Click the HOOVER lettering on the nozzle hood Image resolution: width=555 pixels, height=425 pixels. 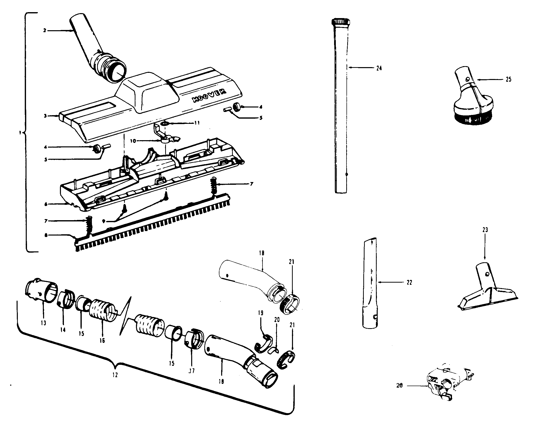click(209, 96)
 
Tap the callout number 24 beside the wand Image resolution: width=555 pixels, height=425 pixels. click(379, 68)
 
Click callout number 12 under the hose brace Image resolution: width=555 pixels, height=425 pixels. click(115, 375)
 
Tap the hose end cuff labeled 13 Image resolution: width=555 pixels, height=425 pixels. click(42, 291)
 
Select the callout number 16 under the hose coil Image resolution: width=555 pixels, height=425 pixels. click(102, 341)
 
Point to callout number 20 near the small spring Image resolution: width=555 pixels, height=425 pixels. click(277, 320)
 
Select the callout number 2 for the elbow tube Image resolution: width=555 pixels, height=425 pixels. click(45, 31)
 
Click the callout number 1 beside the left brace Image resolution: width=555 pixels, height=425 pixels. click(20, 133)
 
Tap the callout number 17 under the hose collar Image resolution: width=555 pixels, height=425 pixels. click(191, 371)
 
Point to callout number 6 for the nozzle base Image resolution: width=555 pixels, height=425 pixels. click(46, 204)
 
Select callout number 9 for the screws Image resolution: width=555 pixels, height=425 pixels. click(104, 221)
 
